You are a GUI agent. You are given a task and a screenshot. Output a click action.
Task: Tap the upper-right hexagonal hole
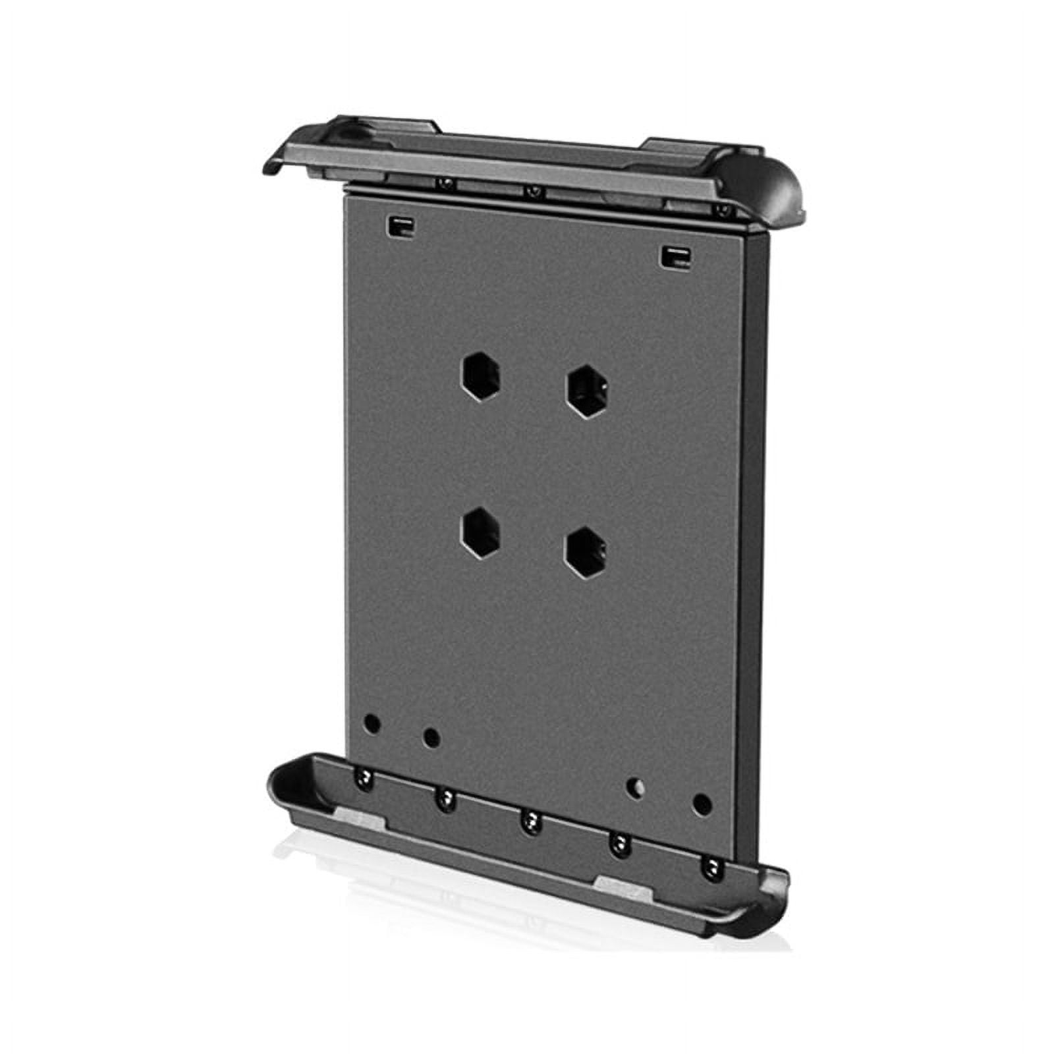click(x=588, y=391)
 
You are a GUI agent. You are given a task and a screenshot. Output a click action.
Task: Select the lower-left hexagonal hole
click(x=480, y=532)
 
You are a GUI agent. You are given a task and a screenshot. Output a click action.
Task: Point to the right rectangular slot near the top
click(x=676, y=256)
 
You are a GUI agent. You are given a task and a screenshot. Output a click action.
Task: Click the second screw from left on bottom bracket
click(x=445, y=801)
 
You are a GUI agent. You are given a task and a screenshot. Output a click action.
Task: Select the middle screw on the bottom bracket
click(x=530, y=821)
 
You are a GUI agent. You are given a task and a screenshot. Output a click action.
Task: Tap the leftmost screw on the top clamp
click(x=446, y=182)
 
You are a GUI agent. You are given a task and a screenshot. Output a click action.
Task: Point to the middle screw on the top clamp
click(x=534, y=191)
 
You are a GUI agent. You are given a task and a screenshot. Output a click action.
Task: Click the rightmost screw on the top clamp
click(x=724, y=211)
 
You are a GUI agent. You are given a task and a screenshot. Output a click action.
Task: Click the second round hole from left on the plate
click(x=431, y=736)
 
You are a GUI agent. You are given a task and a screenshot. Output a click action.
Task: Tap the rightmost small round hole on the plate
click(x=702, y=804)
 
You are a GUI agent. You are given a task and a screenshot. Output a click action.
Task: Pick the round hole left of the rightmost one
click(x=634, y=787)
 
